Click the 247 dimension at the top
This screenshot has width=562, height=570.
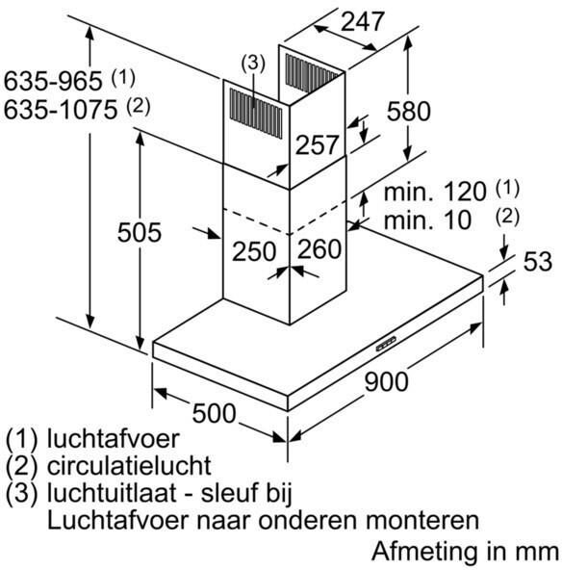362,21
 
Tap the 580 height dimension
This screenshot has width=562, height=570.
408,111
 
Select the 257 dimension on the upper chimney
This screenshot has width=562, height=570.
317,144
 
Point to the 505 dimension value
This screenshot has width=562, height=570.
140,232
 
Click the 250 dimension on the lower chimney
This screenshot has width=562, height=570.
254,251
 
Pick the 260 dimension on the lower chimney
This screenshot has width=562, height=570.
319,249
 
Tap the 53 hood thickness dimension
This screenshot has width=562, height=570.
538,261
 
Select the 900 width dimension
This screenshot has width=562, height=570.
386,381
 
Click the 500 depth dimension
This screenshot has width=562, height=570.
214,413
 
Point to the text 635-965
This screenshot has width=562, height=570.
53,81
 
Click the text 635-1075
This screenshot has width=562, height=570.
61,109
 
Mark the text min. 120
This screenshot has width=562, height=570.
435,192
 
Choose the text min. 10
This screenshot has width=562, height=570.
427,220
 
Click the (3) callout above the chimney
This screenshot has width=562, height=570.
253,63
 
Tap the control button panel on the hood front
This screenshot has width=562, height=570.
386,344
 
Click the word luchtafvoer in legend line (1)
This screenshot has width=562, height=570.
113,439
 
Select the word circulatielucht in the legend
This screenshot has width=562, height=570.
129,466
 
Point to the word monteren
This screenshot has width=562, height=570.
422,521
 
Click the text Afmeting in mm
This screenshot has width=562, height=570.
465,552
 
